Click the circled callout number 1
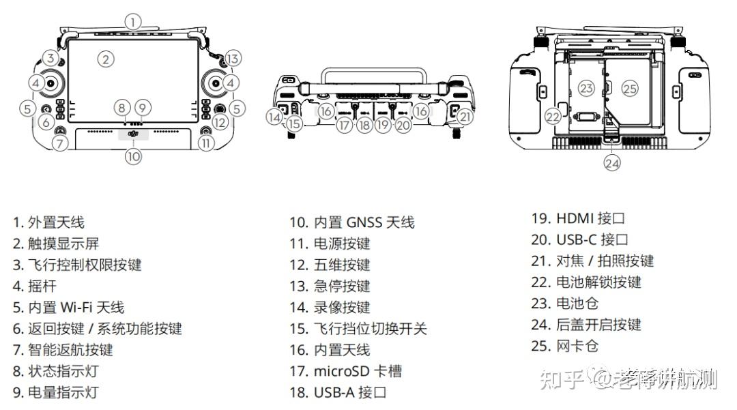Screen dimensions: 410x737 [134, 21]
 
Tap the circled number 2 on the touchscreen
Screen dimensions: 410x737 [104, 59]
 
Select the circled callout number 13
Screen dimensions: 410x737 [233, 58]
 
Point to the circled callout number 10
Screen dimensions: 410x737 [134, 156]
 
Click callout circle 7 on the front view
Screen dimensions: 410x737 [61, 143]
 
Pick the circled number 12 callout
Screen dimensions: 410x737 [220, 122]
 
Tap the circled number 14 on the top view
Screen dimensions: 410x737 [274, 117]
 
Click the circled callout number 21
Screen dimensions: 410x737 [465, 117]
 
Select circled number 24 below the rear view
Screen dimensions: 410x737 [612, 163]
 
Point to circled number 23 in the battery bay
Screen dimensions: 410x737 [586, 88]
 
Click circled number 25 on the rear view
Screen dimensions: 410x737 [629, 88]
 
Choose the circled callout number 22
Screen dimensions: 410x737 [553, 117]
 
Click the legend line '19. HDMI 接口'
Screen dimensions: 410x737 [578, 218]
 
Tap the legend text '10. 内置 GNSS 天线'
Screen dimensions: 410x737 [351, 222]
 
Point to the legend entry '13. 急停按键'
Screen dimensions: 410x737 [330, 286]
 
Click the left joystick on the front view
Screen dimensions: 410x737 [51, 83]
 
